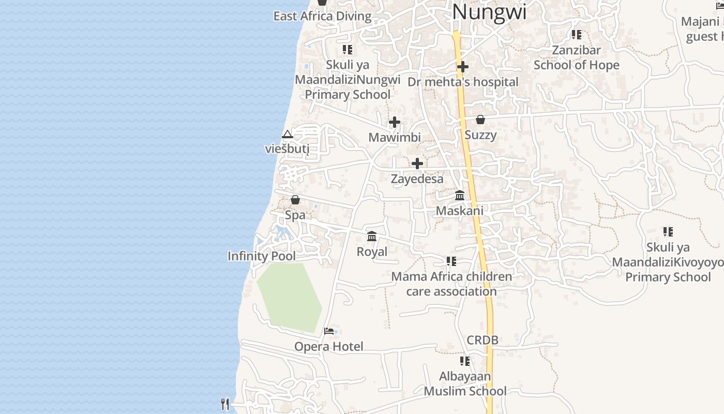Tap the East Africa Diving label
click(x=322, y=16)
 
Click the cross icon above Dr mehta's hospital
click(x=463, y=67)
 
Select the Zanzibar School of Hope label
click(x=576, y=57)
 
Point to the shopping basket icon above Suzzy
click(x=480, y=120)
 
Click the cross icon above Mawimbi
click(x=395, y=122)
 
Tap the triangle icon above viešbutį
click(x=288, y=135)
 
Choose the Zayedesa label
click(x=417, y=179)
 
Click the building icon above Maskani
click(x=460, y=195)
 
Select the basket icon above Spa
click(x=295, y=199)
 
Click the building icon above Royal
click(x=372, y=236)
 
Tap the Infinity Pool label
click(x=262, y=256)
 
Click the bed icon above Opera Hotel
click(x=329, y=331)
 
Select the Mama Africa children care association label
click(x=451, y=284)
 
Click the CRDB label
click(x=482, y=340)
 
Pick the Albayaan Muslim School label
click(x=465, y=383)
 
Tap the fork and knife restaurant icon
click(x=225, y=404)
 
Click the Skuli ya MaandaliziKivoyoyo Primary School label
click(x=668, y=262)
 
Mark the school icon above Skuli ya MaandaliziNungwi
click(x=348, y=50)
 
